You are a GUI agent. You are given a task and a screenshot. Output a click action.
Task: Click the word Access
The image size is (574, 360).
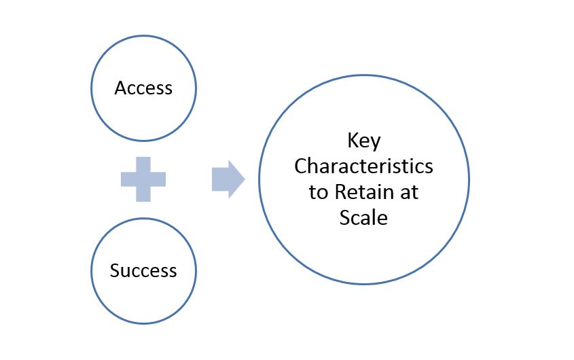pos(143,88)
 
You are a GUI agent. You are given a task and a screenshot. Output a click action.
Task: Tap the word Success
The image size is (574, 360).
pos(143,270)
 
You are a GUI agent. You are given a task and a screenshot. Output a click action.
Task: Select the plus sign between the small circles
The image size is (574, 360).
pos(143,179)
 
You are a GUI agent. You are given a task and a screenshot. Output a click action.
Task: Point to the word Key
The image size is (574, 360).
pos(363,141)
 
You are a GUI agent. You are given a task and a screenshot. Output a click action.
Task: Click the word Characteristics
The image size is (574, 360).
pos(363,166)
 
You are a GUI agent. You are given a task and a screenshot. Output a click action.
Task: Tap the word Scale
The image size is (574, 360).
pos(363,218)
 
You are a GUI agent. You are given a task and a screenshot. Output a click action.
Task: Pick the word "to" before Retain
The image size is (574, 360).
pos(318,192)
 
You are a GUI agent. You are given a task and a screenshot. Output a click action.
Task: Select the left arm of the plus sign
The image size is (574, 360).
pos(127,179)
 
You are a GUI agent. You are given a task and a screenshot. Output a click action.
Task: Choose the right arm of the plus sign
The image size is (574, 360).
pos(159,179)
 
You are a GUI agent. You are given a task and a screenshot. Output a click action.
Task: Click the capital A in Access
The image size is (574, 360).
pos(120,88)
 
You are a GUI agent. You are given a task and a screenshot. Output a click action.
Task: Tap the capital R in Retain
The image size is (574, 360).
pos(340,192)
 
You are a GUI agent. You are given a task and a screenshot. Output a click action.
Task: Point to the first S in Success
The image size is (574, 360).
pos(115,270)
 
